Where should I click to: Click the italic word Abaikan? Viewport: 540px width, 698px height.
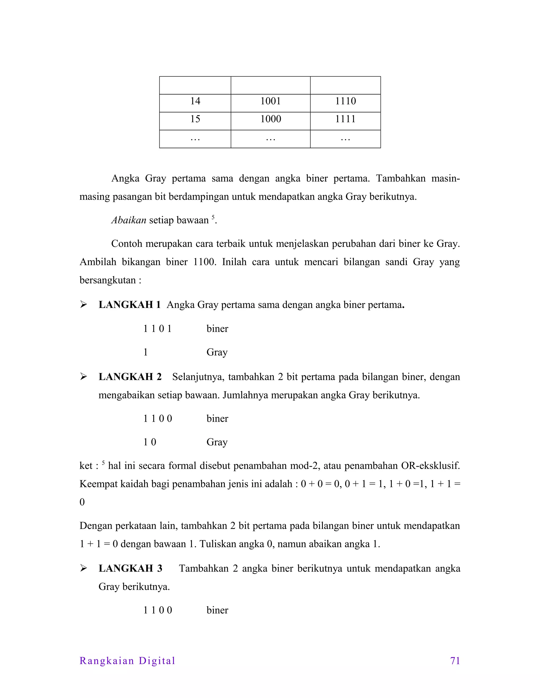pyautogui.click(x=129, y=220)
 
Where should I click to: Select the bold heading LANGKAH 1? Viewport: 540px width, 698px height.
pyautogui.click(x=129, y=304)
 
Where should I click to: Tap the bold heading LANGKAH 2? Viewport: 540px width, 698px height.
pyautogui.click(x=130, y=377)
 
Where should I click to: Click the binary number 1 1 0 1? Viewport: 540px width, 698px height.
pyautogui.click(x=157, y=328)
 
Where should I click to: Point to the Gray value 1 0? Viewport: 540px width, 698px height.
pyautogui.click(x=150, y=442)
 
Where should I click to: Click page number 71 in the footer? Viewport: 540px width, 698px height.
pyautogui.click(x=455, y=661)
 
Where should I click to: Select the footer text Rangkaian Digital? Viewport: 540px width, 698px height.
pyautogui.click(x=127, y=661)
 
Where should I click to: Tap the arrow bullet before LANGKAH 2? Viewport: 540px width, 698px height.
pyautogui.click(x=84, y=377)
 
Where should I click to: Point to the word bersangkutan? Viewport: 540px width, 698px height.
pyautogui.click(x=108, y=280)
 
